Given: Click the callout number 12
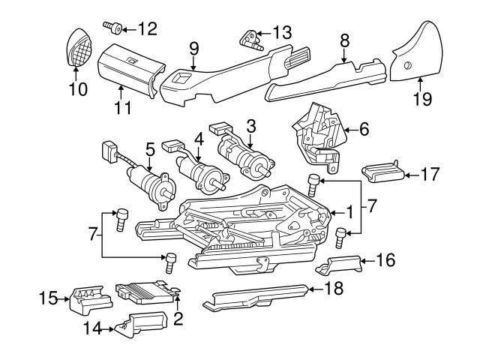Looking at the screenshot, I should tap(148, 29).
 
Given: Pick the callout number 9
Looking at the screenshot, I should tap(193, 48).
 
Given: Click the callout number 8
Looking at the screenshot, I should tap(344, 40).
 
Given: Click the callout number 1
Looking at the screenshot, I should tap(349, 211).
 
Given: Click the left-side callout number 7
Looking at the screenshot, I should tap(93, 234).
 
